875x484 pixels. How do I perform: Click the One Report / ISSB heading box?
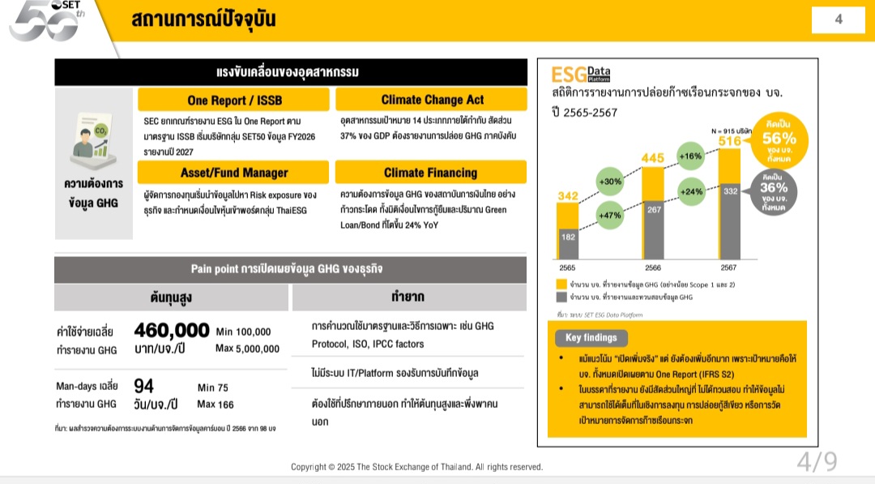coord(233,100)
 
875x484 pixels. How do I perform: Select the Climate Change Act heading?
coord(431,100)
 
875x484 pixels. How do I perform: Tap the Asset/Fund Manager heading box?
coord(233,173)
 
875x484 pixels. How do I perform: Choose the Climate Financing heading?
coord(431,173)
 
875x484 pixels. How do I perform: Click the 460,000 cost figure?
coord(172,331)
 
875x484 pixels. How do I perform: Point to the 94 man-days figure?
coord(143,386)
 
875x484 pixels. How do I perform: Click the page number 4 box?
coord(839,19)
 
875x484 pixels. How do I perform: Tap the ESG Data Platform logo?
coord(581,75)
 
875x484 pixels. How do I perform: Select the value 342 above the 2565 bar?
coord(567,195)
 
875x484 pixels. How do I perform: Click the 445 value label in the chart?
coord(653,157)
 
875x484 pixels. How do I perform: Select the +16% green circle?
coord(690,156)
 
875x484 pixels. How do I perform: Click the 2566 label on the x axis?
coord(653,267)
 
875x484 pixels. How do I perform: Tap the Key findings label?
coord(591,337)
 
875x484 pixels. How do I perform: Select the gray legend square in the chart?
coord(561,298)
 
